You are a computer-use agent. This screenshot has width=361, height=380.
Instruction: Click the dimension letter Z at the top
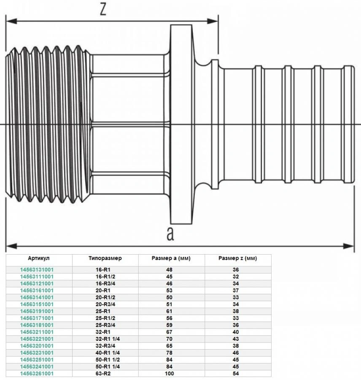[x=103, y=9]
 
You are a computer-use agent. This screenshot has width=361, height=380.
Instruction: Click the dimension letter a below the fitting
[x=170, y=233]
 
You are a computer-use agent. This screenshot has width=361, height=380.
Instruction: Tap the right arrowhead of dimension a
[x=349, y=246]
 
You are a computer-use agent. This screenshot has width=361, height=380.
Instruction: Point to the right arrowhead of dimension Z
[x=213, y=21]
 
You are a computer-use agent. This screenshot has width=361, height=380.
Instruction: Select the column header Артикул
[x=39, y=258]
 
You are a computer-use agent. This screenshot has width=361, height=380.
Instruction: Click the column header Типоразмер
[x=105, y=258]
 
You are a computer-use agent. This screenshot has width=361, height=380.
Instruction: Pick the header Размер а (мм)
[x=171, y=258]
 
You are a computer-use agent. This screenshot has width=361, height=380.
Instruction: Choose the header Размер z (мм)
[x=238, y=258]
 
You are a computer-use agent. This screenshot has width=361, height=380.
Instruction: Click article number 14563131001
[x=37, y=270]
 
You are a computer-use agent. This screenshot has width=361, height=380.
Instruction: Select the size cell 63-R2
[x=103, y=374]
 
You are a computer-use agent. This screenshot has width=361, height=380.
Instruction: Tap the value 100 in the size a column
[x=170, y=374]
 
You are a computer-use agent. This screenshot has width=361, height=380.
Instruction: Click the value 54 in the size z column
[x=236, y=374]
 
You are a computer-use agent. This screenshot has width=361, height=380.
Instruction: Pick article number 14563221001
[x=37, y=339]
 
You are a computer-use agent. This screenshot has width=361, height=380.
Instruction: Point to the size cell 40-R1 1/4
[x=108, y=353]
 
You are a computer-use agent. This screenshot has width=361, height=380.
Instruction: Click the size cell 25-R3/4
[x=105, y=325]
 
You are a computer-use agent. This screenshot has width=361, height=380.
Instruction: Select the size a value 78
[x=170, y=353]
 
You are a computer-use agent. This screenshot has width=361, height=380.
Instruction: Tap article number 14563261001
[x=37, y=374]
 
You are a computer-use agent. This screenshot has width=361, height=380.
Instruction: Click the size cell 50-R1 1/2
[x=108, y=360]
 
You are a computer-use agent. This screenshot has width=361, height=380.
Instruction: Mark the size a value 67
[x=170, y=332]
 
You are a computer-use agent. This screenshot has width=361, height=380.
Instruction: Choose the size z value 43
[x=236, y=339]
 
